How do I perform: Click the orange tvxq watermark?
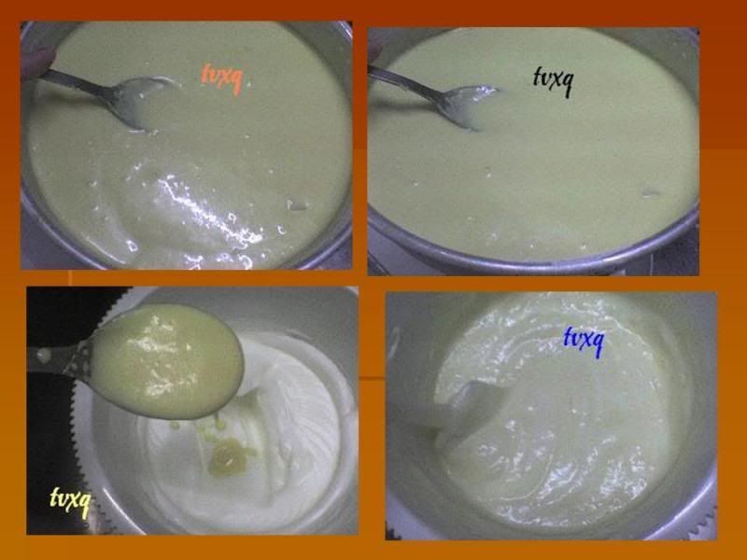click(220, 78)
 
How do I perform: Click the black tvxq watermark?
click(552, 81)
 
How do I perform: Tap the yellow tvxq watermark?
click(69, 501)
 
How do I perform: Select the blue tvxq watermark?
click(583, 341)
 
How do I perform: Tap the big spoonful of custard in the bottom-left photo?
click(167, 362)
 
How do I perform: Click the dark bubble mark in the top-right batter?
click(651, 193)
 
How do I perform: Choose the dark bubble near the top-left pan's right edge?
click(297, 205)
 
